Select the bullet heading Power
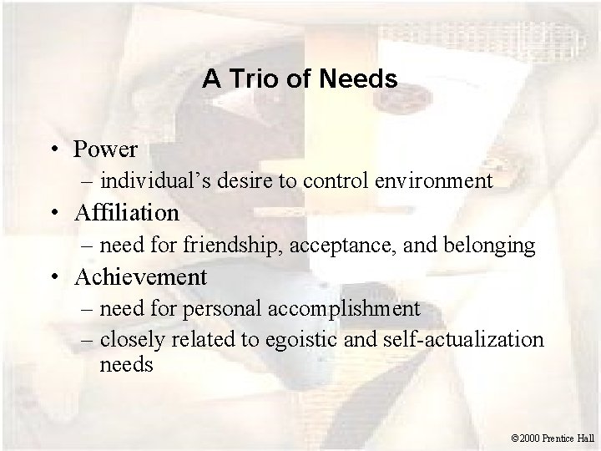pos(105,149)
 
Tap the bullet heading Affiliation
pos(126,213)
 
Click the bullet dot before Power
pos(53,150)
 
